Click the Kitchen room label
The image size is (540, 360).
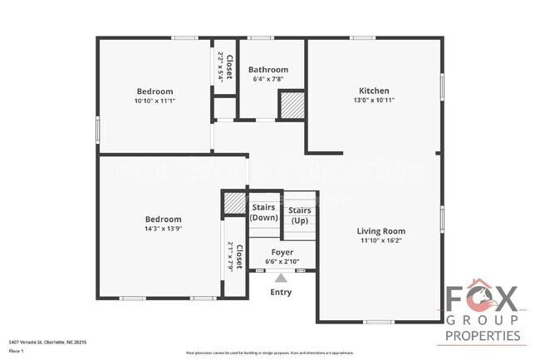pos(374,91)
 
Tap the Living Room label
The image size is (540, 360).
pos(381,231)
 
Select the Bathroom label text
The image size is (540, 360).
pos(268,70)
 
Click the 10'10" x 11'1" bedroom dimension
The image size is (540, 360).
pos(155,101)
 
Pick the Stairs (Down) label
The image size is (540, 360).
pos(264,212)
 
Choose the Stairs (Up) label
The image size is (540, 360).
pos(300,215)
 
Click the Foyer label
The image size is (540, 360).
pos(282,252)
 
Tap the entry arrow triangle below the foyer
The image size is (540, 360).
pos(281,279)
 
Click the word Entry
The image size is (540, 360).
pos(282,292)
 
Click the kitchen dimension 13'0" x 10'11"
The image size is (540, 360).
pos(374,101)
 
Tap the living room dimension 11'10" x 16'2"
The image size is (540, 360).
pos(381,241)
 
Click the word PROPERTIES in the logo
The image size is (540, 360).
pos(484,336)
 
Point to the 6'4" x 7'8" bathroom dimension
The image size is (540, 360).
pos(268,80)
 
